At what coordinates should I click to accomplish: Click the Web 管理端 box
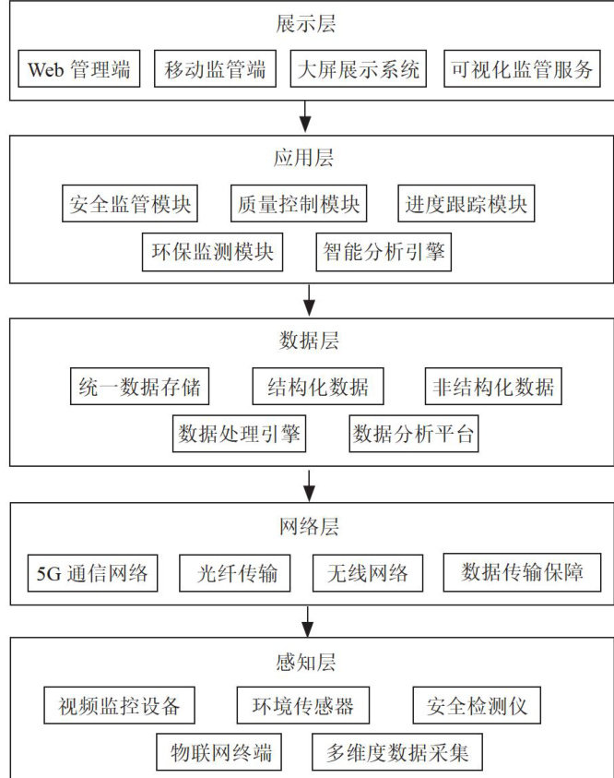coord(79,69)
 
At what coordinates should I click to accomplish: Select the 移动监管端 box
coord(216,69)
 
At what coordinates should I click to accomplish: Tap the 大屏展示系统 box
coord(358,69)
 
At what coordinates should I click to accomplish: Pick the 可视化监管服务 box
coord(522,69)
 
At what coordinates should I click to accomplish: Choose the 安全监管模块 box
coord(131,203)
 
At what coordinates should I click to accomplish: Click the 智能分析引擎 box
coord(383,252)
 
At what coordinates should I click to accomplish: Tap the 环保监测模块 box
coord(212,252)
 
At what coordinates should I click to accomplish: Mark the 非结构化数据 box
coord(494,387)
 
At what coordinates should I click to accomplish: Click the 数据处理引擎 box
coord(240,434)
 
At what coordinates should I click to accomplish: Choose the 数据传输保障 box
coord(523,573)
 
